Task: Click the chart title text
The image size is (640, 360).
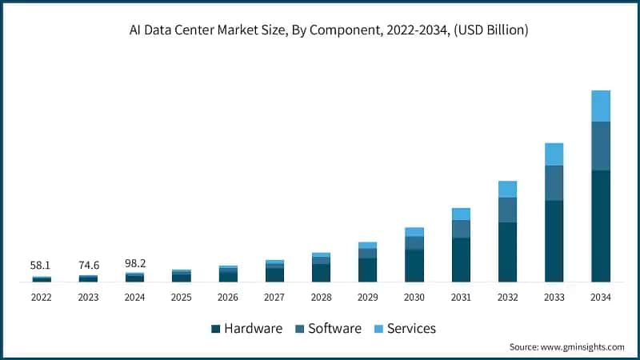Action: point(319,30)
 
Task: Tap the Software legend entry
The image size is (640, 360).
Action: point(329,329)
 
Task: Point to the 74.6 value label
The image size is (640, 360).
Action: point(88,264)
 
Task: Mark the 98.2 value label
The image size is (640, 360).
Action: point(135,264)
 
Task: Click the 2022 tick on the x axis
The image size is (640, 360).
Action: point(42,297)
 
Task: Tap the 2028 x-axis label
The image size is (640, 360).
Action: point(321,297)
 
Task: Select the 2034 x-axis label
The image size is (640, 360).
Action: point(600,297)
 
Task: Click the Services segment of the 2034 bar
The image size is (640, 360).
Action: point(600,106)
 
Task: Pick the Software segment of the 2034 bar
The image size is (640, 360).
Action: point(600,146)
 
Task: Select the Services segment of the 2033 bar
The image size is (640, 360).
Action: point(554,154)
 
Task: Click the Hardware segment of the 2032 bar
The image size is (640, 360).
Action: point(507,252)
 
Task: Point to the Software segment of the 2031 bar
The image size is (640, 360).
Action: point(461,229)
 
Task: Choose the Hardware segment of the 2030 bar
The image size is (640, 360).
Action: point(414,266)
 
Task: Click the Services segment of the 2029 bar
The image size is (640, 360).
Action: point(367,245)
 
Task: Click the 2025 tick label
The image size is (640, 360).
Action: point(182,297)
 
